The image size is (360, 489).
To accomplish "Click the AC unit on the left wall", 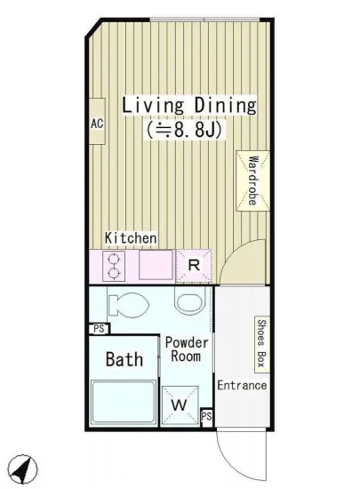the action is [97, 121].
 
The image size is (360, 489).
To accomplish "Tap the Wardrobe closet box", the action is [252, 180].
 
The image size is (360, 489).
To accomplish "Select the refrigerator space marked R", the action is [194, 266].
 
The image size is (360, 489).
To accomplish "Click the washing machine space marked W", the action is [180, 405].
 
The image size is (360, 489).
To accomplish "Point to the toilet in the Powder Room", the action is [128, 305].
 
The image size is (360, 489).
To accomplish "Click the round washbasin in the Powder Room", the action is [190, 301].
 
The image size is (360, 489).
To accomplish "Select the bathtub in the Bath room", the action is [124, 402].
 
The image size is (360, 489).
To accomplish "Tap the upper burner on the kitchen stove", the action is [114, 259].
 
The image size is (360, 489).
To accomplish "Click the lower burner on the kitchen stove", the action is [114, 273].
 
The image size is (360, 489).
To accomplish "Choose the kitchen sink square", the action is [156, 265].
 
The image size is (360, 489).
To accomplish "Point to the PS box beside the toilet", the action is [100, 329].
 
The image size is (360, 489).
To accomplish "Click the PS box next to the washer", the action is [206, 417].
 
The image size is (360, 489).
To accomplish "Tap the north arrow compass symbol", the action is [23, 469].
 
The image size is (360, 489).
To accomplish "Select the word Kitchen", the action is [131, 238].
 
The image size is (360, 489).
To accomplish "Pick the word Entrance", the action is [242, 386].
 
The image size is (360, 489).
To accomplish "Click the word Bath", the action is [124, 359].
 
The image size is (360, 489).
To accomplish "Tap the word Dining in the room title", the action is [226, 106].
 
